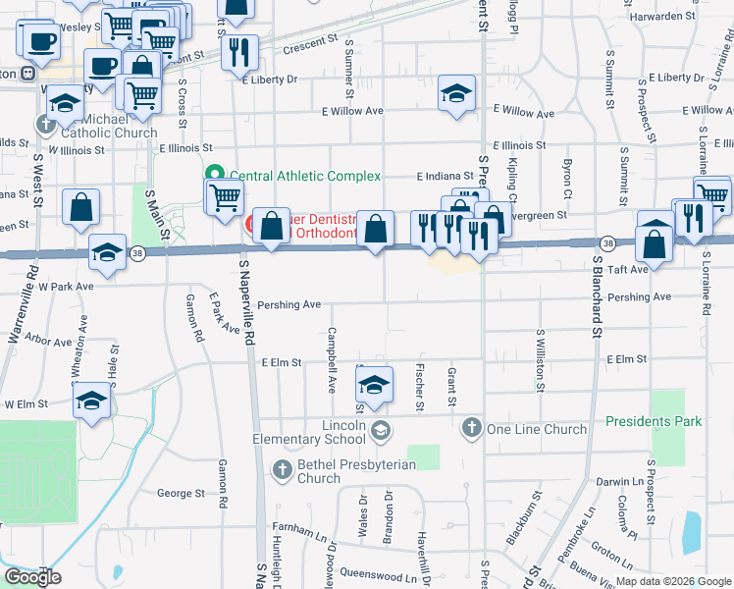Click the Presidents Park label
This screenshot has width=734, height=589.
pos(654,421)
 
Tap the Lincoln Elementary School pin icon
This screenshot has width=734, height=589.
pos(382,429)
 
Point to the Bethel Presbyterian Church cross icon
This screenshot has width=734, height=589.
pos(283,469)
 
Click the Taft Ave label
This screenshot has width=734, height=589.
pos(628,268)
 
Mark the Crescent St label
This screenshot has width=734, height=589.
pos(309,44)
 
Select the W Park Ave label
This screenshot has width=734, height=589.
pos(60,287)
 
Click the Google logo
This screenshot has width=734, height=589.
pos(32,576)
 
